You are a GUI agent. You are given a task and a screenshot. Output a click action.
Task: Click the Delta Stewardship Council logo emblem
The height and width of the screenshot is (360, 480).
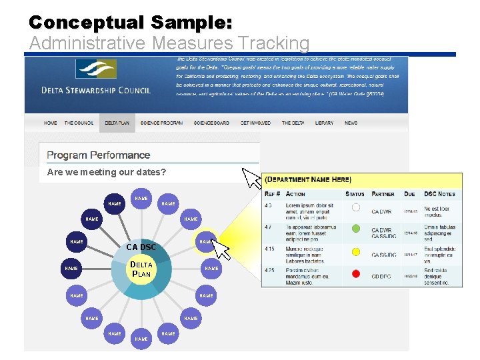click(x=96, y=70)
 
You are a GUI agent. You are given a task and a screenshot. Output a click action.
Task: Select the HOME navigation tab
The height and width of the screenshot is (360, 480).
click(x=50, y=123)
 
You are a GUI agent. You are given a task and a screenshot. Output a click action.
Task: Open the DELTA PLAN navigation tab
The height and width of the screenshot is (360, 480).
click(x=117, y=123)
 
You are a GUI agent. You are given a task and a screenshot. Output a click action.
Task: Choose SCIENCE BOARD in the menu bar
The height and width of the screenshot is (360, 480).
click(x=211, y=123)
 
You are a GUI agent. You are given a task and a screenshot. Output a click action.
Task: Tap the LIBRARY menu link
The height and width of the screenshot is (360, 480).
click(x=324, y=123)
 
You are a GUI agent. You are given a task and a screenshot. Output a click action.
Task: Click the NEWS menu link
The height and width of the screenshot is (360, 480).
click(x=351, y=123)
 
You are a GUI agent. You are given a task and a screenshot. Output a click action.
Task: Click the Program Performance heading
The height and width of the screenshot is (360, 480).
click(x=99, y=155)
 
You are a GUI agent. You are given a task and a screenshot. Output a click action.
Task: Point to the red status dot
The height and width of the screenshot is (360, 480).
click(x=356, y=273)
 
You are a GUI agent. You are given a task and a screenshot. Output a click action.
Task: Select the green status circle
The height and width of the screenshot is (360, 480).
click(x=356, y=229)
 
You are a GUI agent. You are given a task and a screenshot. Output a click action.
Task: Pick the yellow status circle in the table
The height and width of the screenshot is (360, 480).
click(x=356, y=251)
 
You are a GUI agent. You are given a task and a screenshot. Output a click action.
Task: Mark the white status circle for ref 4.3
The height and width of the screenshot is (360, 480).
click(x=356, y=207)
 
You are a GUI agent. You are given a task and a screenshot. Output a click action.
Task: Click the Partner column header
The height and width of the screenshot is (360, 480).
click(x=383, y=194)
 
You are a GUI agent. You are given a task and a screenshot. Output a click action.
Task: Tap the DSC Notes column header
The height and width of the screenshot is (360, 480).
click(x=439, y=194)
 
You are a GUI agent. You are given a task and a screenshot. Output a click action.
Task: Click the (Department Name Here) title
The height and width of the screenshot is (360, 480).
click(x=308, y=180)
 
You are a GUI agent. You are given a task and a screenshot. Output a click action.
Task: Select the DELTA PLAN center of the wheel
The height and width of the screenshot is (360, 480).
click(x=141, y=269)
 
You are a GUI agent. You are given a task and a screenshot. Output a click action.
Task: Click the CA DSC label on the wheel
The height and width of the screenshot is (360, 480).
click(x=141, y=247)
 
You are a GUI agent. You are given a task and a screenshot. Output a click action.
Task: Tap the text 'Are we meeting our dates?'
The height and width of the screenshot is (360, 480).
click(x=107, y=173)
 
